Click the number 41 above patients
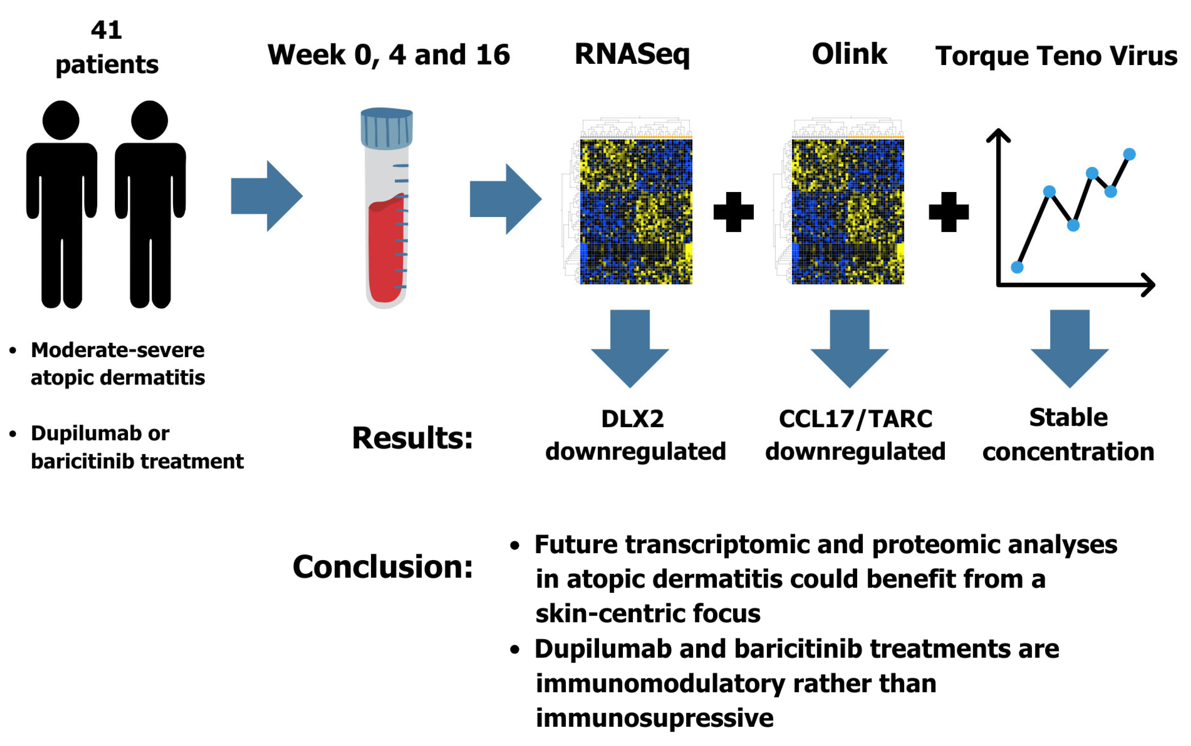coord(106,30)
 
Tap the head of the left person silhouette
coord(61,120)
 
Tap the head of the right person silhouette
coord(150,120)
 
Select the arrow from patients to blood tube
coord(267,196)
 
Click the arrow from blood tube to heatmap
coord(506,199)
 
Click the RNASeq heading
coord(632,54)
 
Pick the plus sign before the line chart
coord(948,212)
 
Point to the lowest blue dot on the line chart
coord(1017,267)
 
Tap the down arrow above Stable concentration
coord(1069,349)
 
